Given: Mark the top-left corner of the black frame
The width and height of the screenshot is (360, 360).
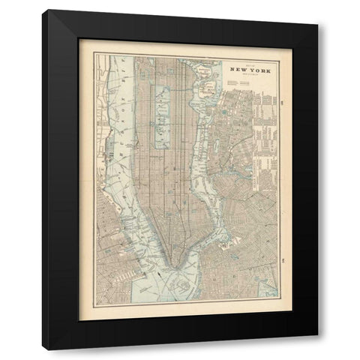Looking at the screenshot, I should click(x=44, y=11).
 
